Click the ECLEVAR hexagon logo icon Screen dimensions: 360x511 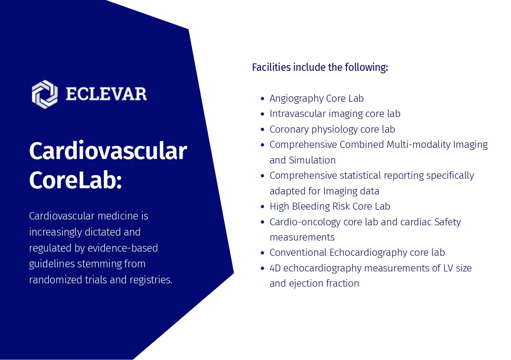(45, 94)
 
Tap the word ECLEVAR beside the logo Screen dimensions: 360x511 (106, 94)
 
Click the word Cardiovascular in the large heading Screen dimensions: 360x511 (108, 151)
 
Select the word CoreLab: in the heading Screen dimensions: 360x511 (75, 180)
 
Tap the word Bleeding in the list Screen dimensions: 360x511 (310, 206)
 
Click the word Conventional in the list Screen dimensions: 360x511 (298, 252)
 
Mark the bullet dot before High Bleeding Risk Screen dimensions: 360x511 (263, 207)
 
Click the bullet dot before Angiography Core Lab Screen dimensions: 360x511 (263, 99)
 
